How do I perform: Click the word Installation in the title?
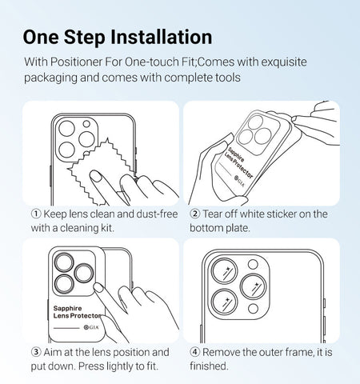162,37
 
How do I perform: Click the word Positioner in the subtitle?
77,62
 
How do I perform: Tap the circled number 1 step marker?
36,214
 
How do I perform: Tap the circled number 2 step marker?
195,214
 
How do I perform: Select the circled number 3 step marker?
36,352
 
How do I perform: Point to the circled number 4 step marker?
195,352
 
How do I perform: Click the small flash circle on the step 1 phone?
86,124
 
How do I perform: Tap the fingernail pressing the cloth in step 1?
94,176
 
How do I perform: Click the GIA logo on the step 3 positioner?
91,327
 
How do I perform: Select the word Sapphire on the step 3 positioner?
67,309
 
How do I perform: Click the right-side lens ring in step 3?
83,274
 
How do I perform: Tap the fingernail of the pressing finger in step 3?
98,287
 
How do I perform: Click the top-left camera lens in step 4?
224,270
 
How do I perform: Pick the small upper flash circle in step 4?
253,264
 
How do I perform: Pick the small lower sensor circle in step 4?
253,309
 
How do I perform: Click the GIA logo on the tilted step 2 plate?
239,181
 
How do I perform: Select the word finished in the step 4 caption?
209,366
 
